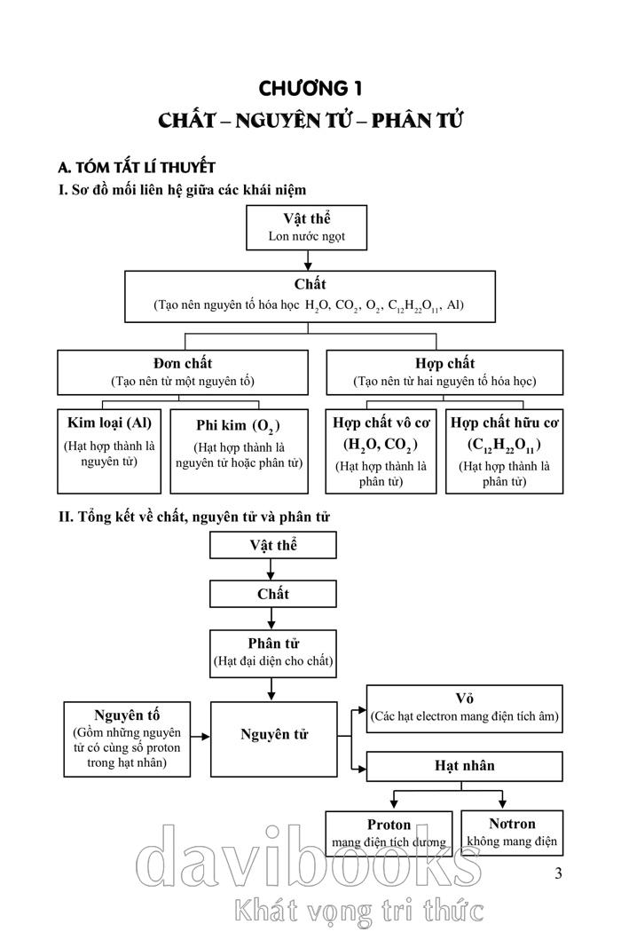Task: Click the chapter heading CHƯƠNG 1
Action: tap(310, 88)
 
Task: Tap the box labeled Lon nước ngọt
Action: tap(307, 227)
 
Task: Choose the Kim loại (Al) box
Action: tap(110, 450)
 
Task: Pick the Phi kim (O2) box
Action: tap(239, 450)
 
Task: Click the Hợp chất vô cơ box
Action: tap(381, 450)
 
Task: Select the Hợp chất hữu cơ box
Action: tap(504, 450)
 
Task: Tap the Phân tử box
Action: tap(273, 652)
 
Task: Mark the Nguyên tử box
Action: tap(273, 736)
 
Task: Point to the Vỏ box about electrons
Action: tap(465, 707)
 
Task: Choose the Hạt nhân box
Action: tap(465, 766)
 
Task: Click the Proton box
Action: tap(389, 833)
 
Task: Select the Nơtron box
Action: tap(512, 832)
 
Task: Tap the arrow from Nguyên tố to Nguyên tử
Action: tap(200, 736)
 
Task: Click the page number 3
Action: tap(558, 873)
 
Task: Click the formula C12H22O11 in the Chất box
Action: tap(413, 305)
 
